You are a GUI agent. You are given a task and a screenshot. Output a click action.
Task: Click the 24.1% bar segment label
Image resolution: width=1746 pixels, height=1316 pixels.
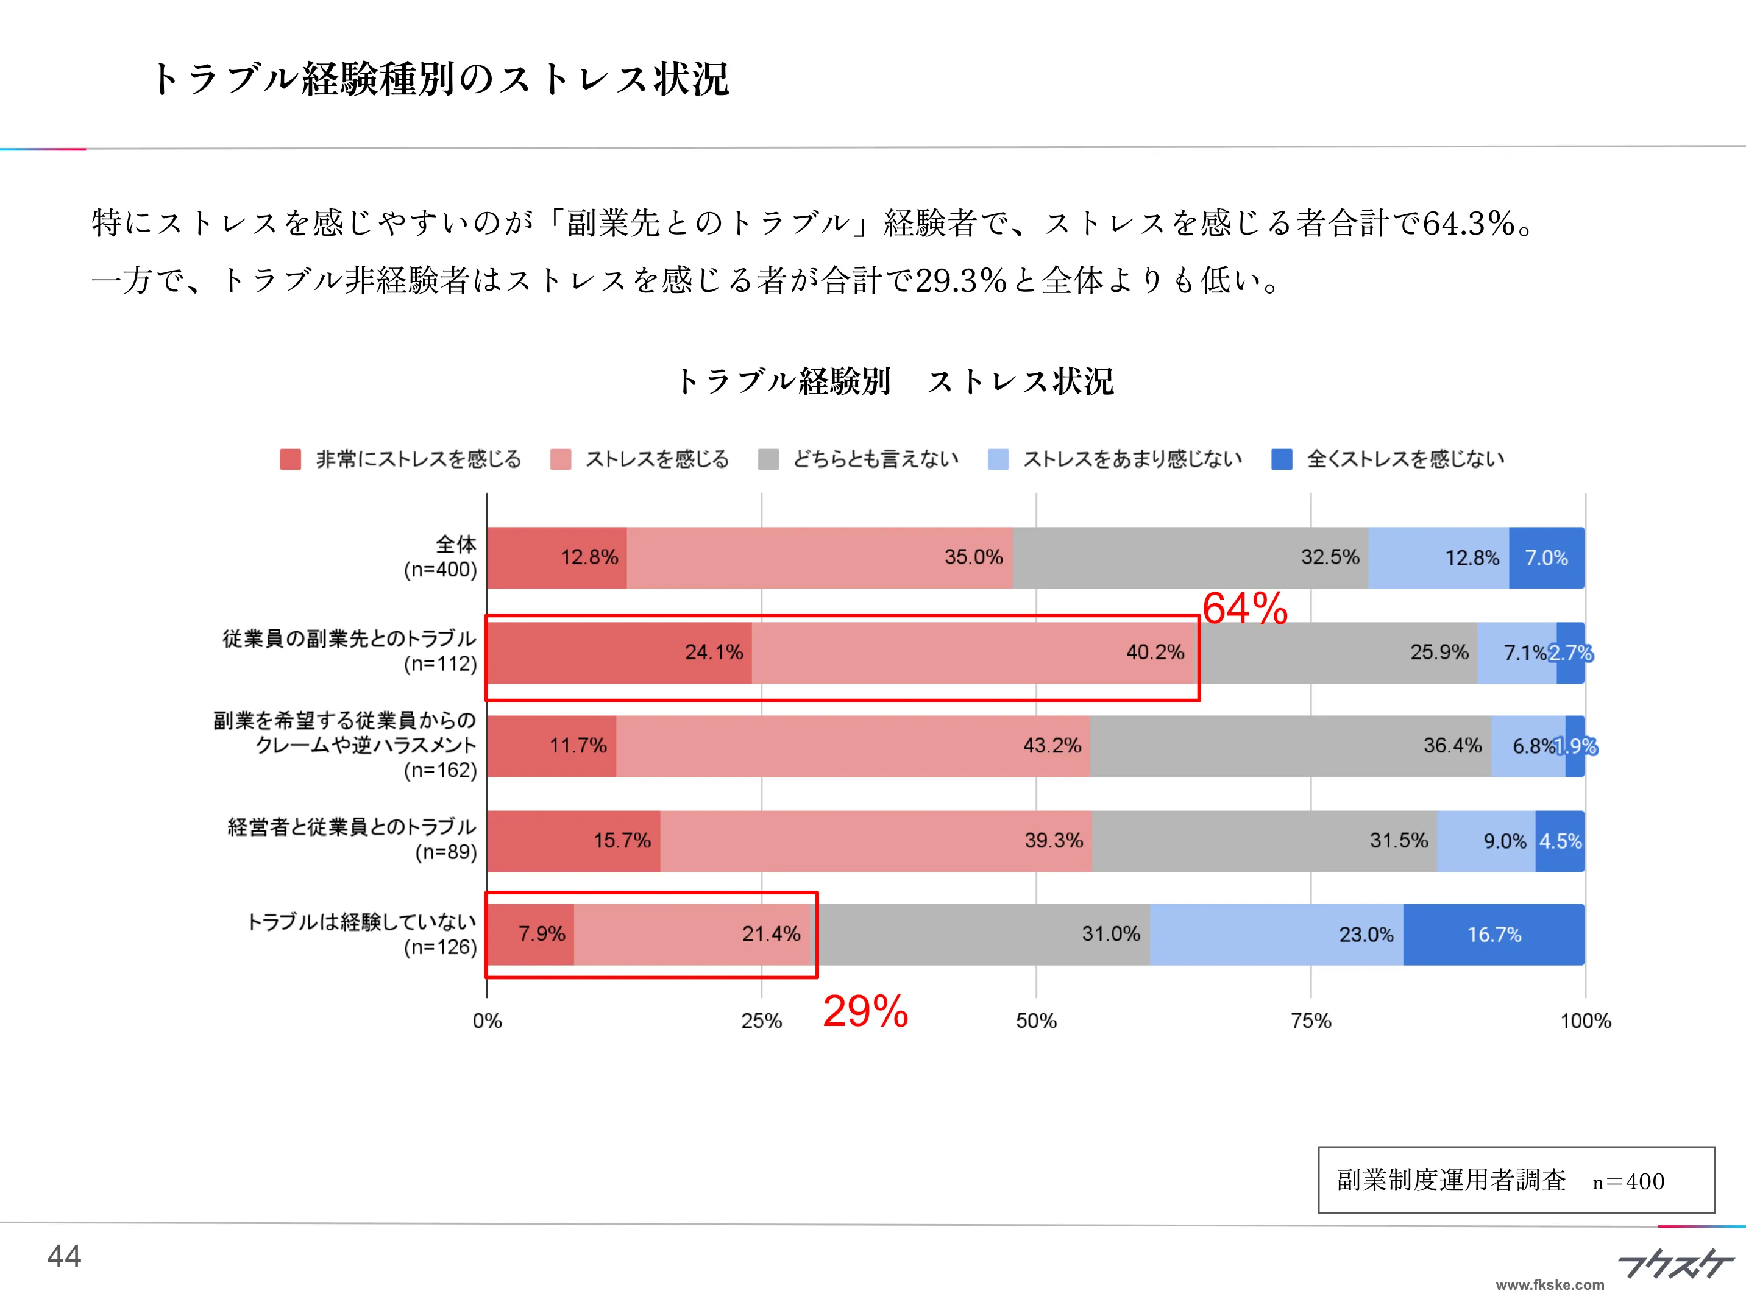point(714,653)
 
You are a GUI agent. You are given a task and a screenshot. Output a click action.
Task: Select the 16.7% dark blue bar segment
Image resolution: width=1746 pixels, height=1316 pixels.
point(1494,935)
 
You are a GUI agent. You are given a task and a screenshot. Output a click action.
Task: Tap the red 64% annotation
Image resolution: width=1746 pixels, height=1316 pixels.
point(1245,608)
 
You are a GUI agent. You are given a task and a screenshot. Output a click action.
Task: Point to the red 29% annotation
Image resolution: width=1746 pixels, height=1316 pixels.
point(865,1011)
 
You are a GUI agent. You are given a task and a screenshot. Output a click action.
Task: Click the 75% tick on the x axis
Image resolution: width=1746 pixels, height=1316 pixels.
point(1310,1021)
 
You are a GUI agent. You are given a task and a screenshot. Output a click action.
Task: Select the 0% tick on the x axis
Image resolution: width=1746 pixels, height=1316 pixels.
point(487,1021)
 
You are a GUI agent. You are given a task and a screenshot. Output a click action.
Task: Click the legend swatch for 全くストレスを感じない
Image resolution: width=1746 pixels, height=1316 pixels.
point(1282,459)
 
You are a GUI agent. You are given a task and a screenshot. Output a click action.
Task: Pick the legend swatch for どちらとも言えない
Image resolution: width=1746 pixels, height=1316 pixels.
point(768,459)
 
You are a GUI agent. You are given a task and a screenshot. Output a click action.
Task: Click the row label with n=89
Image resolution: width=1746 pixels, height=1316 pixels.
point(353,840)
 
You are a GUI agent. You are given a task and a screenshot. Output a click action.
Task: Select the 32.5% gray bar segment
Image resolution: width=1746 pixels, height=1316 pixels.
point(1190,558)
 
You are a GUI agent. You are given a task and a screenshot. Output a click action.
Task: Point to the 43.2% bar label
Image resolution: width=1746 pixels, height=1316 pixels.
point(1051,746)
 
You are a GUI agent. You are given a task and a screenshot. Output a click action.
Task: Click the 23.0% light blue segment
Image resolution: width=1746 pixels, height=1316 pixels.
point(1276,935)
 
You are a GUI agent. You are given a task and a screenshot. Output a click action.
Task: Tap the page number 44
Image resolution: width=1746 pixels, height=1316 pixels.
point(64,1256)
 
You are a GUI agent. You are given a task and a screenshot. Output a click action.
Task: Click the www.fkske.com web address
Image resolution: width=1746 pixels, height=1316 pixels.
point(1549,1285)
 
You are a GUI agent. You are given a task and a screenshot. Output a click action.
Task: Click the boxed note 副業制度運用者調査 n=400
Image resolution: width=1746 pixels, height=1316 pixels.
point(1516,1180)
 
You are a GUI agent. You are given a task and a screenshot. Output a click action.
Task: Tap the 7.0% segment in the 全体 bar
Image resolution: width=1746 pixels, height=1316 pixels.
point(1545,558)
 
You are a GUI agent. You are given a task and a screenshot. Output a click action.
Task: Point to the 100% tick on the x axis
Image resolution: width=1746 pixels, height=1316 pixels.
point(1585,1021)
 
